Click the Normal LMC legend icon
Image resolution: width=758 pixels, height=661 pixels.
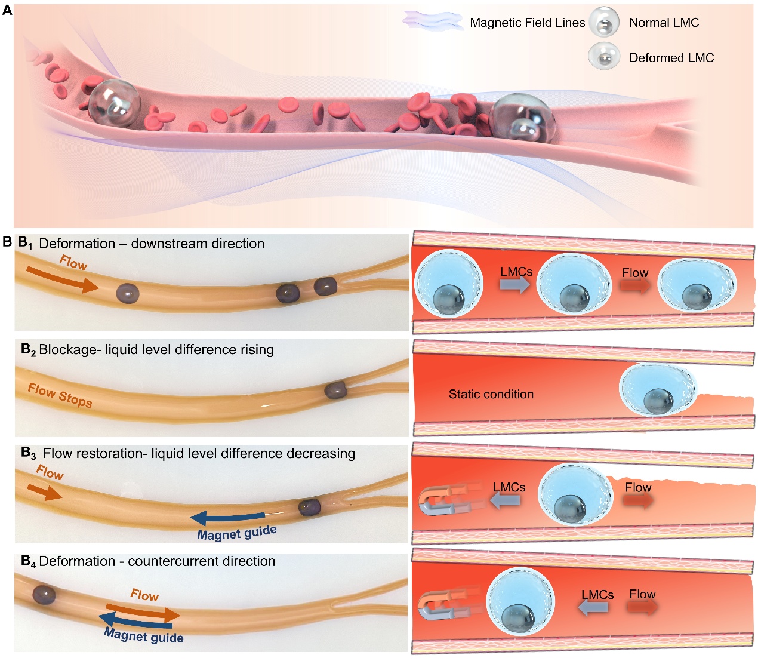pos(604,23)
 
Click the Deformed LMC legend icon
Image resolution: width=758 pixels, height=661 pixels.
pos(604,57)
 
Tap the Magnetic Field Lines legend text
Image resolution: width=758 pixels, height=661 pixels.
pos(527,23)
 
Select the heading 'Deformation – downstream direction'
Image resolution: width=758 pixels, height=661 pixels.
pos(151,244)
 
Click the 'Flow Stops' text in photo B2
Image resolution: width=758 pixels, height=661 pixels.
pos(60,395)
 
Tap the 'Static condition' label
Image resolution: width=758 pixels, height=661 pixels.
pos(491,394)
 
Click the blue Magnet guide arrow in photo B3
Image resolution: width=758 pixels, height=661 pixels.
pos(227,517)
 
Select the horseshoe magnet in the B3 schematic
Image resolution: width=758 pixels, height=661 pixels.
pos(448,500)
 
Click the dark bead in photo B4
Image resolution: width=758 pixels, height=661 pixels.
pos(44,595)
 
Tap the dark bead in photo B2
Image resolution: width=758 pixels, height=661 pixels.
pos(335,391)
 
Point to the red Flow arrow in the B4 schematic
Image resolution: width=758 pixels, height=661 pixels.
pos(642,607)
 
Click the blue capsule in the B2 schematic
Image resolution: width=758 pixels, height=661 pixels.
pos(657,389)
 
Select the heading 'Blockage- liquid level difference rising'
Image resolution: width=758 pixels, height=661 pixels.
pos(156,349)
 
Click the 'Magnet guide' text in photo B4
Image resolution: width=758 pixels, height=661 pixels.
pos(144,635)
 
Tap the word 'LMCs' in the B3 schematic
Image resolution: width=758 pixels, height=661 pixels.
pos(509,487)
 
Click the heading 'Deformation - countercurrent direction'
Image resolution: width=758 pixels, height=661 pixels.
pos(157,561)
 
